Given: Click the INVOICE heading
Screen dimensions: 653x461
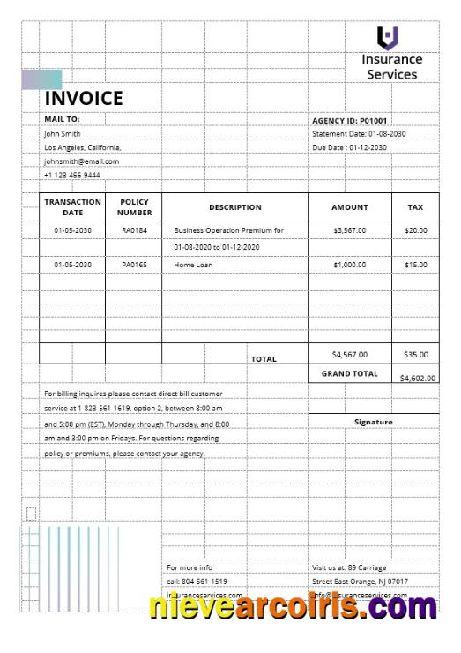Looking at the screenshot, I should [x=84, y=98].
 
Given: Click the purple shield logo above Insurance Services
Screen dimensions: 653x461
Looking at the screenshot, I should [x=388, y=38].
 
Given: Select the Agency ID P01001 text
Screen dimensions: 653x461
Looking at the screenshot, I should [x=350, y=120].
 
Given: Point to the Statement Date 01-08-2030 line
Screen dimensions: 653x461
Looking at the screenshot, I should [x=359, y=133].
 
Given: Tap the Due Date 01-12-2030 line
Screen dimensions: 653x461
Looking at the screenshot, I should [x=349, y=147].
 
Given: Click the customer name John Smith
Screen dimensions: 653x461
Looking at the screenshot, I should [x=63, y=133].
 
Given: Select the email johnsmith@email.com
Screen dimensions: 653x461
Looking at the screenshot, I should [x=81, y=161].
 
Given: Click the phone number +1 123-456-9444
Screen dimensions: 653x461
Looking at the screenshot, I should [x=72, y=175].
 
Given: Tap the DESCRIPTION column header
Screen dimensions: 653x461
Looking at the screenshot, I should [x=234, y=207].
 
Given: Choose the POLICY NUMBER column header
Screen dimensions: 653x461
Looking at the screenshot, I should [x=134, y=207].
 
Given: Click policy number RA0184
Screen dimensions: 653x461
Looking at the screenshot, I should [x=134, y=230].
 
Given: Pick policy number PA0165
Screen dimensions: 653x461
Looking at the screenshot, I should [x=134, y=265].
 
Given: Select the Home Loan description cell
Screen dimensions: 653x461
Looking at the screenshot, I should [x=193, y=265].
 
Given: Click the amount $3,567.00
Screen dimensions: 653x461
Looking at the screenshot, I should [x=349, y=230].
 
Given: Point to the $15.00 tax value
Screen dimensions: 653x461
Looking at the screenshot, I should [x=415, y=265].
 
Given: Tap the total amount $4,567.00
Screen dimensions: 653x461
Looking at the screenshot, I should [x=349, y=355].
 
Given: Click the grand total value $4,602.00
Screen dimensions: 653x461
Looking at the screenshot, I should [x=418, y=378].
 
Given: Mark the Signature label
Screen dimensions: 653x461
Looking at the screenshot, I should [x=373, y=422].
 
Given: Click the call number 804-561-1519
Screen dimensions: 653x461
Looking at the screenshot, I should [x=197, y=582].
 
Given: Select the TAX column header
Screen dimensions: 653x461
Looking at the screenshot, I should [x=415, y=207].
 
